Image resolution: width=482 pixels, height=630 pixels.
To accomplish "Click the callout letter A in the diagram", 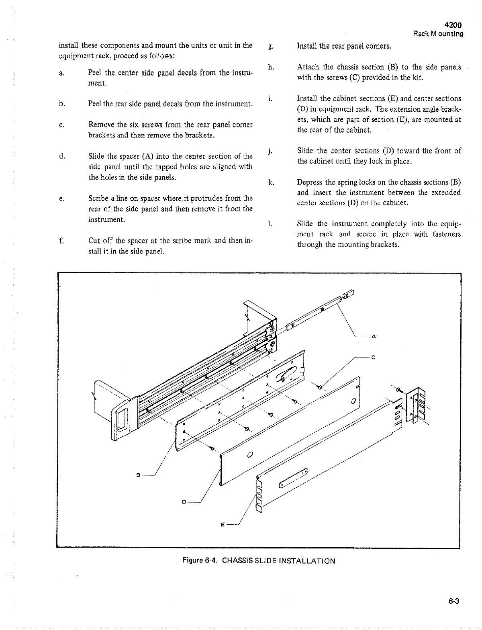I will pos(373,336).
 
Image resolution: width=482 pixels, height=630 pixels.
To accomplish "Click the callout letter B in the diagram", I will pos(138,475).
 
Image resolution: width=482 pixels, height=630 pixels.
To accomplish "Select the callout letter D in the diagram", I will pos(184,502).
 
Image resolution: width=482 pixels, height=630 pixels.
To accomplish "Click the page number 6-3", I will pos(454,601).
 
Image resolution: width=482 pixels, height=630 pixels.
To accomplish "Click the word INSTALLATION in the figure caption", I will pos(307,560).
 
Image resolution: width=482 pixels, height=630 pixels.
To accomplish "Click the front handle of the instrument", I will pos(122,420).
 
